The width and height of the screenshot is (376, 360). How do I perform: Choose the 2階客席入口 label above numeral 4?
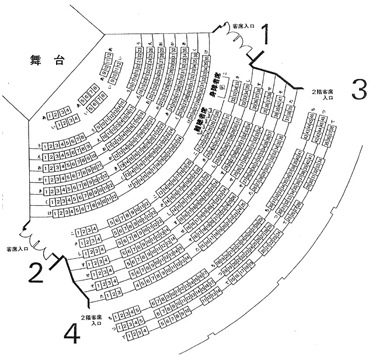point(93,320)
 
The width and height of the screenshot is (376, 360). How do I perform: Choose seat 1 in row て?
point(121,333)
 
